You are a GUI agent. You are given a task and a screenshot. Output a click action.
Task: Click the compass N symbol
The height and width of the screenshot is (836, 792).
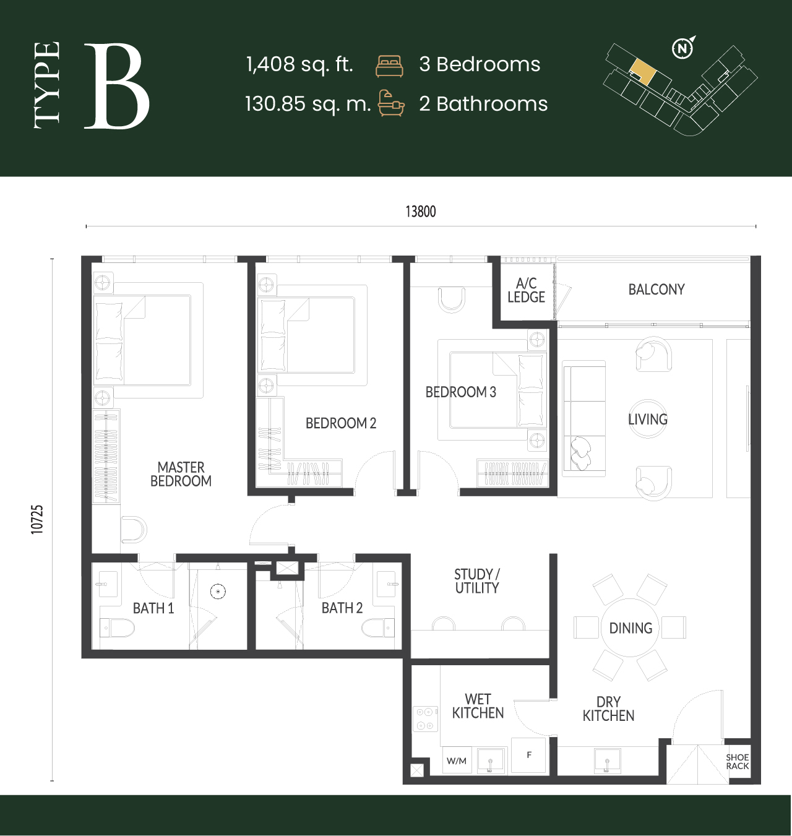click(x=682, y=48)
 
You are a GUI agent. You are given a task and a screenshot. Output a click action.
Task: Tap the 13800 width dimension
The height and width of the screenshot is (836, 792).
click(x=421, y=212)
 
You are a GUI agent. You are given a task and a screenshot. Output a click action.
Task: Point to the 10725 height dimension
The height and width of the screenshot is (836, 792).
click(x=37, y=519)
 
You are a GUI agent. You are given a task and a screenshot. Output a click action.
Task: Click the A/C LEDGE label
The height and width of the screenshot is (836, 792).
click(x=526, y=290)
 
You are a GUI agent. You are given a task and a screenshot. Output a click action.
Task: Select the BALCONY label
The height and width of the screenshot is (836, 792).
click(x=656, y=290)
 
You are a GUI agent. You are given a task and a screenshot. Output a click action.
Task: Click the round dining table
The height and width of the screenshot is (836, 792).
click(x=630, y=627)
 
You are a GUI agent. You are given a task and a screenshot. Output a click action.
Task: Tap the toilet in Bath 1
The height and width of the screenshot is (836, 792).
click(x=117, y=627)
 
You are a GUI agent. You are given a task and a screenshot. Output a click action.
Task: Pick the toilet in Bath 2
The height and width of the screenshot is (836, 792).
click(x=378, y=627)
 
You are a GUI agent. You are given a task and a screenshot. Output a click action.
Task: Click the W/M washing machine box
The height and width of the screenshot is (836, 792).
click(x=457, y=761)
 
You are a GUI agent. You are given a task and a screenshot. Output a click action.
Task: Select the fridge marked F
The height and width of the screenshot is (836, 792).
click(x=528, y=755)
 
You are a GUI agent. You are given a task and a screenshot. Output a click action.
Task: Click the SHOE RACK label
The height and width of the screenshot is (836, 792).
click(x=738, y=762)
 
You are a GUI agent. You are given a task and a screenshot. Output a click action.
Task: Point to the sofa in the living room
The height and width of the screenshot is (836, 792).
click(x=583, y=418)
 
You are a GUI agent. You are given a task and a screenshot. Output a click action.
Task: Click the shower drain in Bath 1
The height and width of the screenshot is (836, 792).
click(x=218, y=591)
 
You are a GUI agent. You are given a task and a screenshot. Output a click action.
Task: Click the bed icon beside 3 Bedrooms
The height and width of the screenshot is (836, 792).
click(x=389, y=66)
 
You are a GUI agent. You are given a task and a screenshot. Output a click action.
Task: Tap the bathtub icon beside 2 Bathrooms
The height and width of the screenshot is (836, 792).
click(x=391, y=103)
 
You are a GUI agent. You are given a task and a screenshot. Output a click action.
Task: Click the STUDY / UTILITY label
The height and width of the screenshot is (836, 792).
click(x=477, y=581)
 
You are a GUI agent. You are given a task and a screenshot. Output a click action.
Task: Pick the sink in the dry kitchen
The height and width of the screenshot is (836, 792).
click(x=607, y=761)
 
